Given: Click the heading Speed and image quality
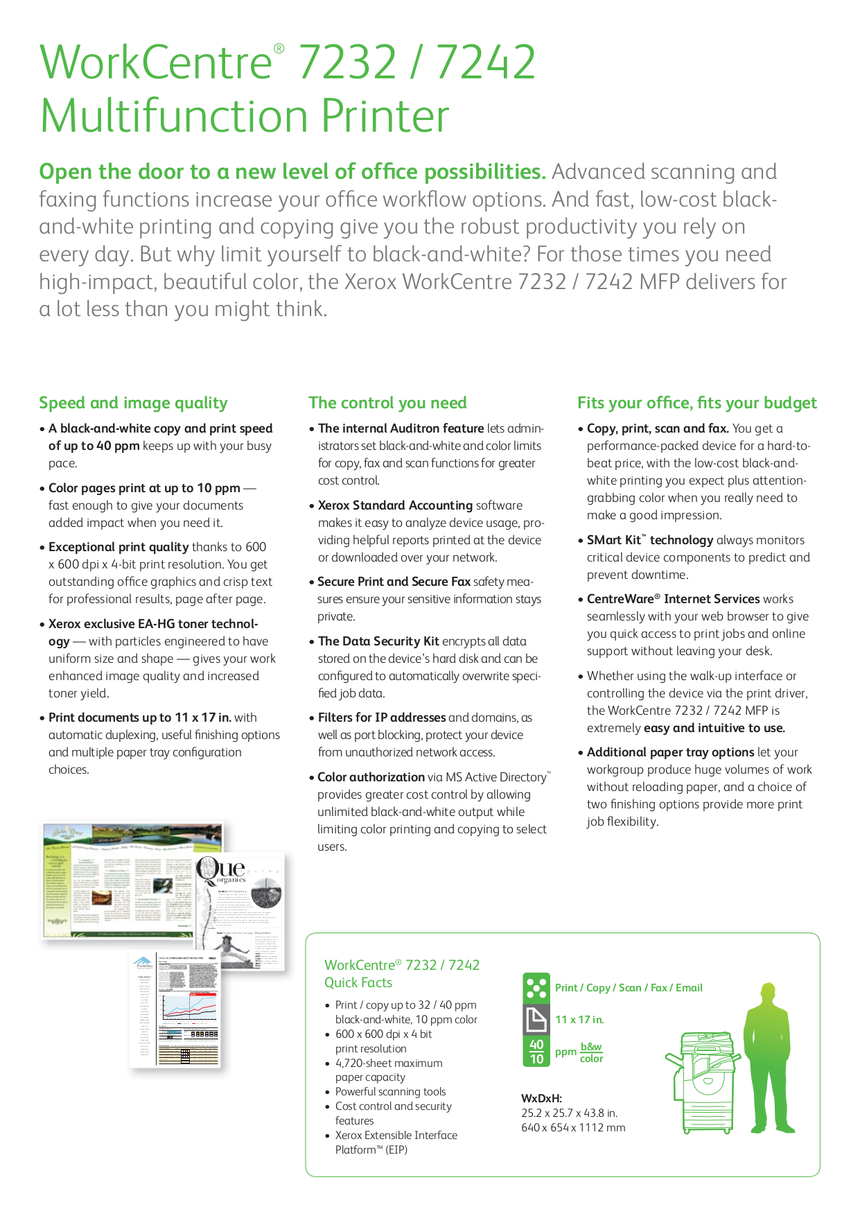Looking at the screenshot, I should point(133,403).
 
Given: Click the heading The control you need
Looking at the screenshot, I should point(387,403).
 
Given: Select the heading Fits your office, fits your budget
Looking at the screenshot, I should point(696,403).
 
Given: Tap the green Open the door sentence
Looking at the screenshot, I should point(292,172).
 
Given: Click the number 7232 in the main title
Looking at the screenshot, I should point(347,62).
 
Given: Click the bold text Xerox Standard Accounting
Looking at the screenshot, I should point(395,505).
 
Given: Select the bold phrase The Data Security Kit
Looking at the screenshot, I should point(378,641).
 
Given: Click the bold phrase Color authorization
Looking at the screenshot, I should point(371,777).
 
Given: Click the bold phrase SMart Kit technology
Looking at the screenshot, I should point(649,540).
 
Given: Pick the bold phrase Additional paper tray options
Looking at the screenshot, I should point(670,752).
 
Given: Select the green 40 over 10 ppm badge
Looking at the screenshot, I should point(536,1052).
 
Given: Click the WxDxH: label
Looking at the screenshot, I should point(541,1098).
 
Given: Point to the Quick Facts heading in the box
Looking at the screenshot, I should point(358,982).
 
